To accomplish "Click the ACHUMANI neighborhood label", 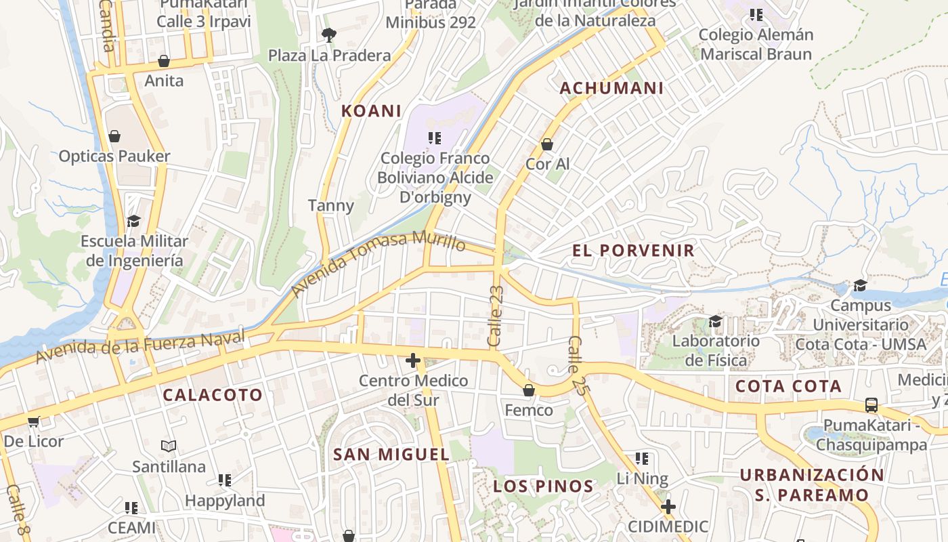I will click(x=611, y=88).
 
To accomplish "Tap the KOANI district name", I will click(x=371, y=111).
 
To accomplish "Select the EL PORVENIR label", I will click(x=633, y=251).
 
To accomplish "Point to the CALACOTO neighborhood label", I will click(x=213, y=395).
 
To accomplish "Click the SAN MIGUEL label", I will click(x=391, y=455).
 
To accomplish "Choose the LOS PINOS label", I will click(x=543, y=486).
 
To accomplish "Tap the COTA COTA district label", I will click(x=788, y=387).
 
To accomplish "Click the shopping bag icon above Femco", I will click(x=529, y=390).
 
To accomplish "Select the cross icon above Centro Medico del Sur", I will click(x=413, y=360).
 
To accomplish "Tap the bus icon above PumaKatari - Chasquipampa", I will click(x=871, y=405).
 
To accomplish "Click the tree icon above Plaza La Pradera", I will click(x=329, y=35).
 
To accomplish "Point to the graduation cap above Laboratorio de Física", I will click(x=715, y=321).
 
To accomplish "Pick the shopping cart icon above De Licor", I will click(x=33, y=422).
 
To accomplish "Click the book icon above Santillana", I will click(x=169, y=446).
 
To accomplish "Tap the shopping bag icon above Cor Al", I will click(x=547, y=144).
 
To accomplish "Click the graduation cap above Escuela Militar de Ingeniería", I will click(x=133, y=221).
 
